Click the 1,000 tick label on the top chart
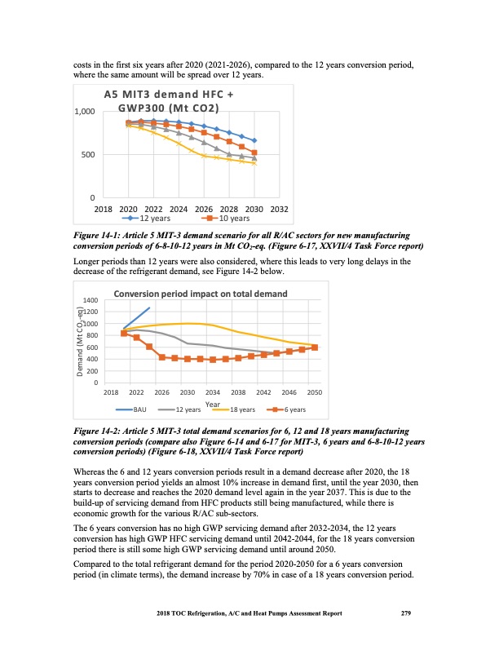pyautogui.click(x=82, y=111)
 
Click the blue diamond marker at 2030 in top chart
pyautogui.click(x=254, y=141)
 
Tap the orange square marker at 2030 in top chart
pyautogui.click(x=254, y=153)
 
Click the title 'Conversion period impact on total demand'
pyautogui.click(x=200, y=294)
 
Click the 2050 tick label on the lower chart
pyautogui.click(x=315, y=392)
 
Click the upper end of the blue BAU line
pyautogui.click(x=149, y=308)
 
